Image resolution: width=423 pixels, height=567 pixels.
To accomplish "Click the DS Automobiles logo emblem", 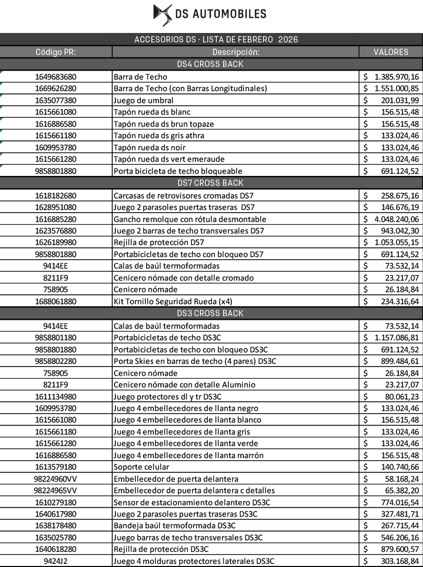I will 162,15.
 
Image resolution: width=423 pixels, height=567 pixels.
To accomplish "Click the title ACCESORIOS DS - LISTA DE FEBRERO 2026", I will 216,40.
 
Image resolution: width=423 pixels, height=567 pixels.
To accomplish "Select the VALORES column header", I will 391,52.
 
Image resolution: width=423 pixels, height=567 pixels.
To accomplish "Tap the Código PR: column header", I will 55,52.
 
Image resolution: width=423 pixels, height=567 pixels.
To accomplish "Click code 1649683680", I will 55,76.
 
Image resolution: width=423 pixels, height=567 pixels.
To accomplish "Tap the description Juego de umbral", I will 143,100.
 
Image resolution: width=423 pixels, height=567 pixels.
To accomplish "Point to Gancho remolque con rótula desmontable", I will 190,219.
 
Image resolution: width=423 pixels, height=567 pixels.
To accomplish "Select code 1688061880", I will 55,302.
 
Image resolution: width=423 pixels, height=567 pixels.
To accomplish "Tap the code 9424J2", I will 55,561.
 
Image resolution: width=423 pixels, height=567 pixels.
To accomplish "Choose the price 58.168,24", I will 400,479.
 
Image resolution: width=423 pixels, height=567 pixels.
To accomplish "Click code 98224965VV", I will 55,491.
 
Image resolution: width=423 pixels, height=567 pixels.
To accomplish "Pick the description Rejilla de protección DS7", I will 159,242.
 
